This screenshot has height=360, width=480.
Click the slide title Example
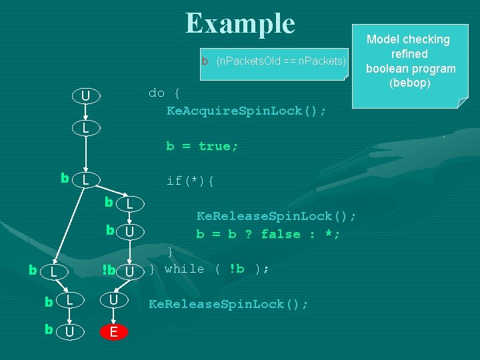tap(240, 23)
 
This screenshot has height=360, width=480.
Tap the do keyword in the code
tap(156, 93)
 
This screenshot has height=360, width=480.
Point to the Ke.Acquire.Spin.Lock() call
tap(246, 111)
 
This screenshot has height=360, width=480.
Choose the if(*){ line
tap(190, 180)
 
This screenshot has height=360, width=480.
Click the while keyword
tap(184, 269)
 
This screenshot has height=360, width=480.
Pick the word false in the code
tap(281, 234)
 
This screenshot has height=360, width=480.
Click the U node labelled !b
tap(130, 271)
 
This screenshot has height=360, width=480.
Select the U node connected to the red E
tap(113, 301)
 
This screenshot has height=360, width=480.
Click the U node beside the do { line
tap(85, 97)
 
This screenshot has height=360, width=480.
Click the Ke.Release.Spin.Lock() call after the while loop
tap(228, 305)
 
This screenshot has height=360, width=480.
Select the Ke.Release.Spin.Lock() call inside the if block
tap(276, 216)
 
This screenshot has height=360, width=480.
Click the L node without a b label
tap(85, 127)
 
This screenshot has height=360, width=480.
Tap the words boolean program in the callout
tap(410, 69)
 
